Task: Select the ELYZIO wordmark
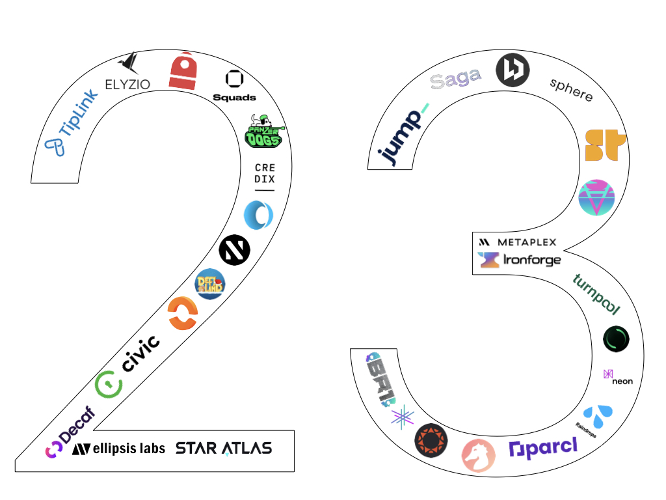(x=128, y=83)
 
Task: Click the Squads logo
(x=234, y=87)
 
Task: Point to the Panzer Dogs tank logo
(x=263, y=131)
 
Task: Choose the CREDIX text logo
(x=265, y=174)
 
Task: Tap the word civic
(x=141, y=352)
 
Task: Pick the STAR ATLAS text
(x=224, y=448)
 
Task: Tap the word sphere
(x=571, y=90)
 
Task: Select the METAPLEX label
(x=518, y=242)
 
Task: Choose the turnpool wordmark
(x=596, y=294)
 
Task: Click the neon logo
(x=617, y=377)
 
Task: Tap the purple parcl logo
(x=543, y=449)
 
